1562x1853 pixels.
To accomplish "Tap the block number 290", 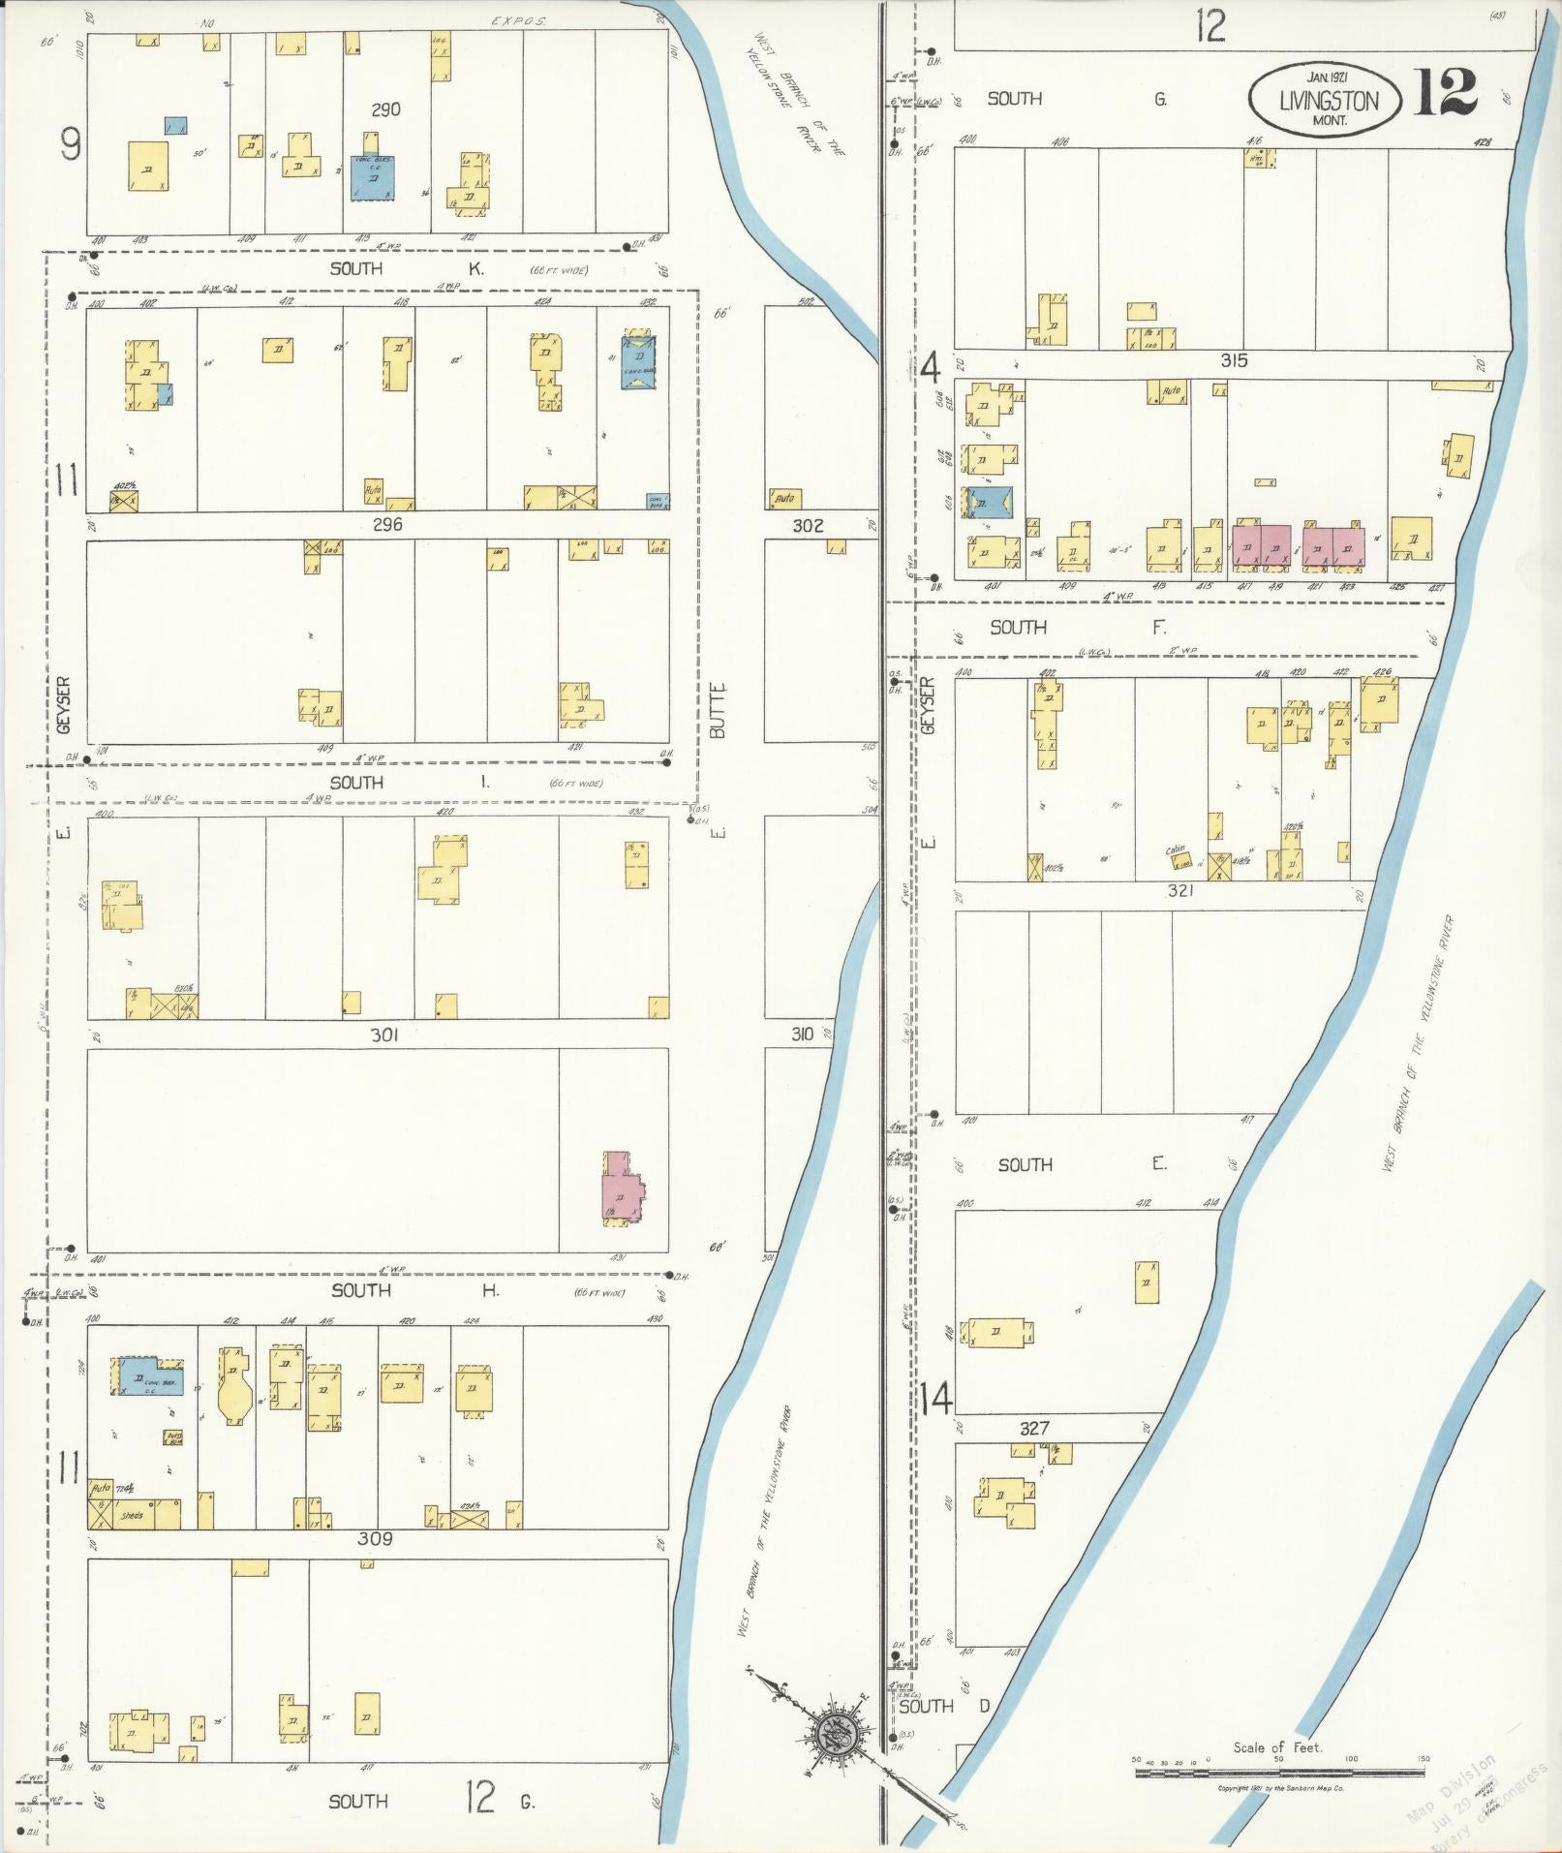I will pyautogui.click(x=385, y=109).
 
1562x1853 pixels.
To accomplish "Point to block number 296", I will pyautogui.click(x=387, y=524).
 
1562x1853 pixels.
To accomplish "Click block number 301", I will pyautogui.click(x=384, y=1035).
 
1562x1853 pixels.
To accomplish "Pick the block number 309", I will pyautogui.click(x=375, y=1538).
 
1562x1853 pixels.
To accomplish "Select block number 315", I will pyautogui.click(x=1234, y=360).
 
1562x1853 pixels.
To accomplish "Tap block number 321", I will pyautogui.click(x=1179, y=890).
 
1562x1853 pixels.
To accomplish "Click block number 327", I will pyautogui.click(x=1033, y=1428).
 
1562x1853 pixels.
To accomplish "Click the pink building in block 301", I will pyautogui.click(x=622, y=1187).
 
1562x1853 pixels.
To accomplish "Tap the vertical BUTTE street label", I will pyautogui.click(x=718, y=712).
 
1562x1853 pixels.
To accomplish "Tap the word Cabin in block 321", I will pyautogui.click(x=1176, y=849).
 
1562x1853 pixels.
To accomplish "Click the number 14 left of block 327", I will pyautogui.click(x=936, y=1399).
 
